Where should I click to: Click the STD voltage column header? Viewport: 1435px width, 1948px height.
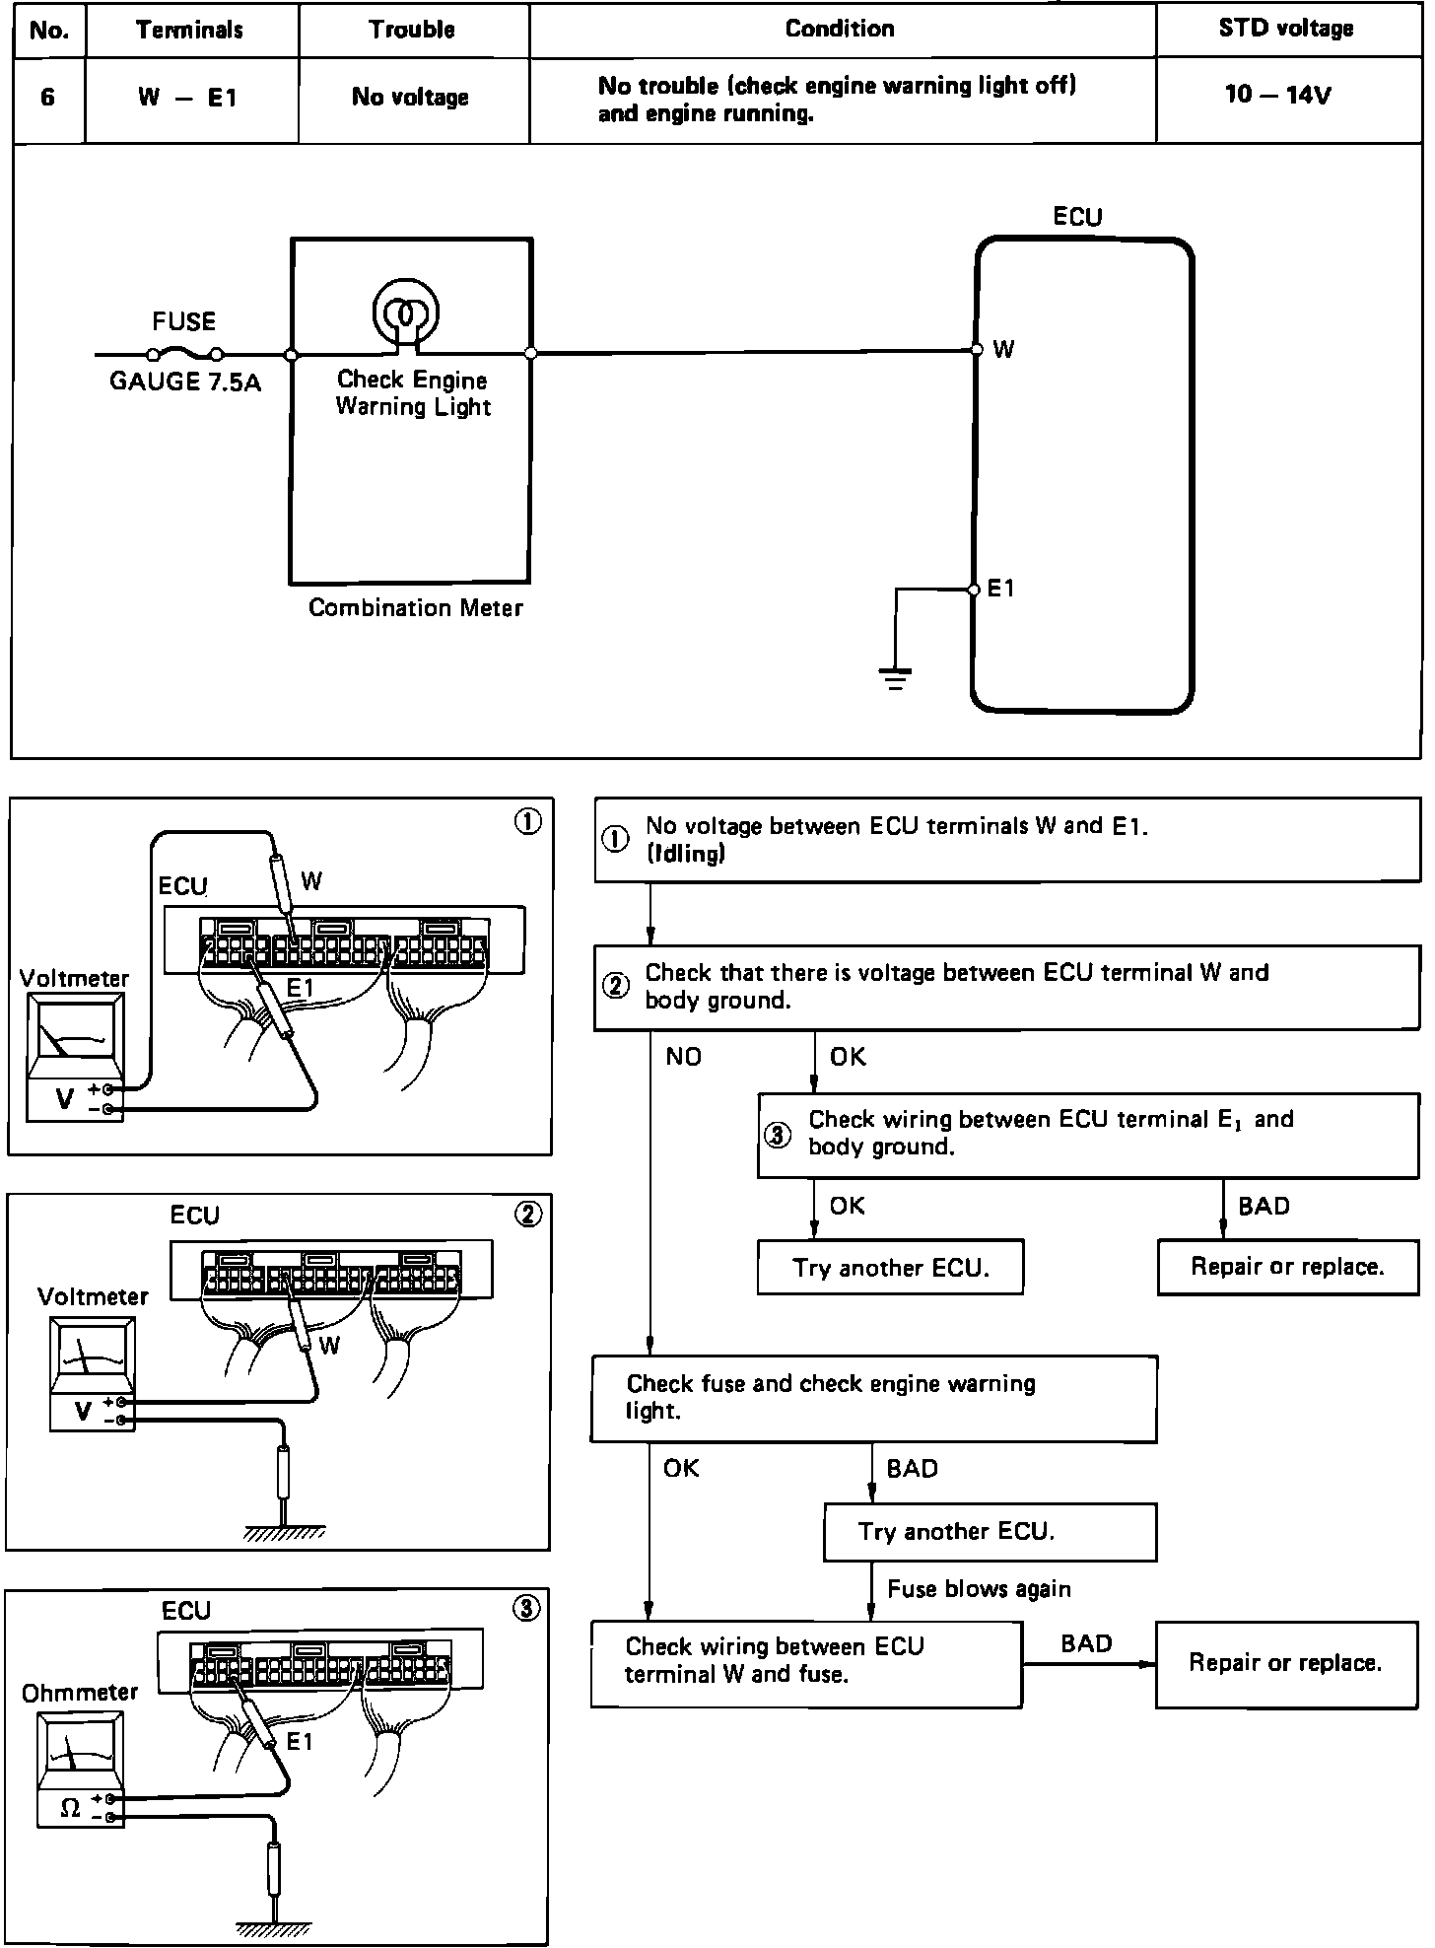[1286, 29]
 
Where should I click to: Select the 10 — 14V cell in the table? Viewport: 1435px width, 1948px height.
[1277, 96]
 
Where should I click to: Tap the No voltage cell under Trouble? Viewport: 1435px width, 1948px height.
[410, 97]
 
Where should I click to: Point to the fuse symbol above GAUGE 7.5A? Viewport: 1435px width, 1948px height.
[184, 354]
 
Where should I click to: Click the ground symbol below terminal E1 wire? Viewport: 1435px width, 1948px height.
[895, 678]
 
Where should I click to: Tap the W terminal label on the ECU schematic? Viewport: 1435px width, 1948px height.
[1003, 350]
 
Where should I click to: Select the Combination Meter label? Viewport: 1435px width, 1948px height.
[415, 608]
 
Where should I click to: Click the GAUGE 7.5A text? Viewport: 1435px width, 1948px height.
[184, 383]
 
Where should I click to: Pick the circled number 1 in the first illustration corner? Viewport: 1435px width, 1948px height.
[528, 822]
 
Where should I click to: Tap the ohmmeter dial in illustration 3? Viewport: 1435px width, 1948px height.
[79, 1752]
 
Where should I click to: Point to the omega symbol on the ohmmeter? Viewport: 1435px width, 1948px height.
[70, 1808]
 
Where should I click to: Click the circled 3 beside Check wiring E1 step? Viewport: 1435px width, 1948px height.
[778, 1135]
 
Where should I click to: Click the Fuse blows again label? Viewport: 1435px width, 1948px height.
[979, 1588]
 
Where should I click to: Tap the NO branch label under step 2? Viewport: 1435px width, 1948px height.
[683, 1057]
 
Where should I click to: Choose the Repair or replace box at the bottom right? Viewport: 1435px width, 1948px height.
[1285, 1663]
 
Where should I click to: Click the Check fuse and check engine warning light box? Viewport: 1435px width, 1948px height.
[873, 1398]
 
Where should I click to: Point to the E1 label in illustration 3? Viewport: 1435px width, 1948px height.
[300, 1742]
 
